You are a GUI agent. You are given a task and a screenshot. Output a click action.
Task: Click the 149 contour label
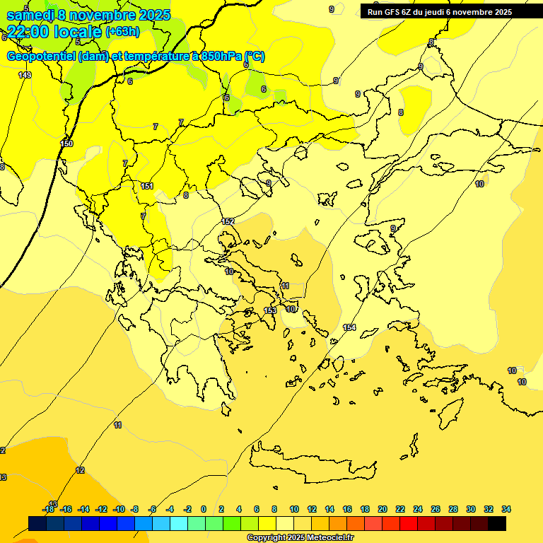tap(25, 75)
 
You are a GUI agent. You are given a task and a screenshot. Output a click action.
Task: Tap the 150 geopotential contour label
tap(66, 144)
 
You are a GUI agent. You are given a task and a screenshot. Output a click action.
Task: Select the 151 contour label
tap(147, 186)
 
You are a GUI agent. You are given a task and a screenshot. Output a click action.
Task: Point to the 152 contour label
tap(228, 221)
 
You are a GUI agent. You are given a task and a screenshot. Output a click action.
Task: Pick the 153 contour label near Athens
tap(270, 310)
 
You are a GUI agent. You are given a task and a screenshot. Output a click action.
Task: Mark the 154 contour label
tap(349, 327)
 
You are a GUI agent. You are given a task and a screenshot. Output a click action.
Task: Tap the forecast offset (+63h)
tap(122, 32)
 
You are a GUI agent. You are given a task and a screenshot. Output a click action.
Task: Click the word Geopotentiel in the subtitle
tap(41, 57)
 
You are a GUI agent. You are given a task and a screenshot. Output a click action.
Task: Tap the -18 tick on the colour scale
tap(48, 509)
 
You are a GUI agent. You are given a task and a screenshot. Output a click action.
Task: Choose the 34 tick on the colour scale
tap(506, 509)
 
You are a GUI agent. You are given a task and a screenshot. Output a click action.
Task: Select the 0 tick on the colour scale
tap(204, 509)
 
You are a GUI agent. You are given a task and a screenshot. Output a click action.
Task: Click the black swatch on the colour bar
tap(497, 523)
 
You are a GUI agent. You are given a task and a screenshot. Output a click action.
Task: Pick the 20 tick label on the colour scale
tap(383, 509)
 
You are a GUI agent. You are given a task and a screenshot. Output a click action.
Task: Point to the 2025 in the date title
tap(151, 15)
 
